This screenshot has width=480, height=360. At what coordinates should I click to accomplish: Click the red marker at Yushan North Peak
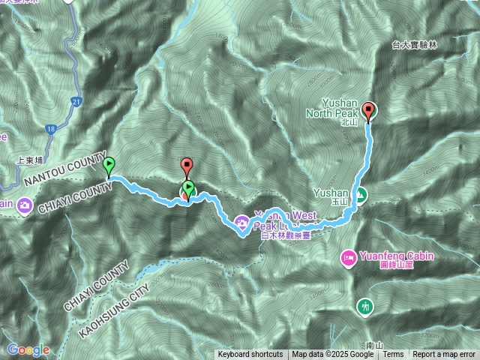click(x=368, y=112)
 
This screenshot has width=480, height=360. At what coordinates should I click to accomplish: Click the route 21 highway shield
click(x=78, y=100)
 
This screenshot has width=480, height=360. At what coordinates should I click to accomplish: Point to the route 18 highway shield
click(x=49, y=129)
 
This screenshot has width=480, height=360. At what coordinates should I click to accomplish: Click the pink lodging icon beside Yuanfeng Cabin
click(x=349, y=256)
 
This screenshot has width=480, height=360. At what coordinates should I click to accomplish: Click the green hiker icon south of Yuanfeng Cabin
click(x=365, y=306)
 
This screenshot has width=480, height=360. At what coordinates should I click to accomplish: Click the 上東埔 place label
click(x=30, y=160)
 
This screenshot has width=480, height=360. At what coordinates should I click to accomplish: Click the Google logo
click(x=28, y=349)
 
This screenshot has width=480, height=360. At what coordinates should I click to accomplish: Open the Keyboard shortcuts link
click(x=250, y=355)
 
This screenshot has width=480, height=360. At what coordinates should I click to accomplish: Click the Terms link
click(x=393, y=355)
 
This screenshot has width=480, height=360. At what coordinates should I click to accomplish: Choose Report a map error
click(x=444, y=355)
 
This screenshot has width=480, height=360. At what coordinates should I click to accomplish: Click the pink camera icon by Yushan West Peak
click(x=241, y=221)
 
